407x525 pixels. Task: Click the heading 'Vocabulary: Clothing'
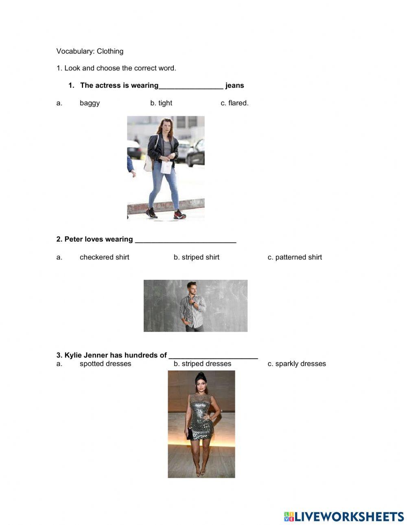[x=90, y=51]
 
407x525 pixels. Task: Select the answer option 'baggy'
[x=90, y=103]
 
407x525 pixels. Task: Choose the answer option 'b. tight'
[x=161, y=103]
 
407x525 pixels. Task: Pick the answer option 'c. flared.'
[x=234, y=103]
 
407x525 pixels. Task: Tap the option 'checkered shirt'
[x=104, y=257]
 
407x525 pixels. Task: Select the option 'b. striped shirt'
[x=197, y=257]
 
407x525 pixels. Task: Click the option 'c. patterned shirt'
[x=295, y=257]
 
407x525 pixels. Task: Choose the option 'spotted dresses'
[x=105, y=364]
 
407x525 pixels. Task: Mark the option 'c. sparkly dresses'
[x=297, y=364]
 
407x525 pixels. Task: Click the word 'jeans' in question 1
[x=234, y=85]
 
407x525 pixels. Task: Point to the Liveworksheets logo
[x=344, y=516]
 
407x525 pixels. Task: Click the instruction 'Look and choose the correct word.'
[x=120, y=68]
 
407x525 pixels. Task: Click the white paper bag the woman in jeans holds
[x=166, y=167]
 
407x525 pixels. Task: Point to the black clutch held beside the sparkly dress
[x=189, y=434]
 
